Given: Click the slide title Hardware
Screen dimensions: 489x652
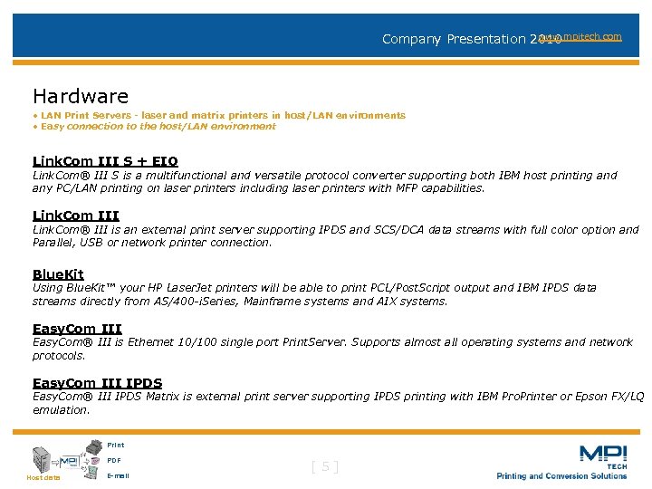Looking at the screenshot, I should (x=81, y=96).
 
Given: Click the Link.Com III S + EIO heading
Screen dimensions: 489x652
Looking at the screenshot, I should (x=105, y=162).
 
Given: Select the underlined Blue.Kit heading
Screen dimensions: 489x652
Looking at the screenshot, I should (x=58, y=274).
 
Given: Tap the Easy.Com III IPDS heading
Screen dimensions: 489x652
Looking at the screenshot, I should (x=97, y=383).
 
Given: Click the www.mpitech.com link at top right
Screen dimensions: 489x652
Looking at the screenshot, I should (x=580, y=36).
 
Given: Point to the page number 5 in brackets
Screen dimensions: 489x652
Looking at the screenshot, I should (x=325, y=467).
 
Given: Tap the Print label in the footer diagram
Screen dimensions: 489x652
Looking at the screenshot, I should (x=115, y=446).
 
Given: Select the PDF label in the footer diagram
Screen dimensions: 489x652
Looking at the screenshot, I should (x=113, y=460).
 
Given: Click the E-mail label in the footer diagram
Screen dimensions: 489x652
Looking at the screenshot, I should (x=117, y=475).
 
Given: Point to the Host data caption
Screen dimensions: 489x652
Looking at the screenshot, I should (x=43, y=477).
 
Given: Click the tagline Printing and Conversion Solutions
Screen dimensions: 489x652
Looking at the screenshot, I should (x=561, y=476).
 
